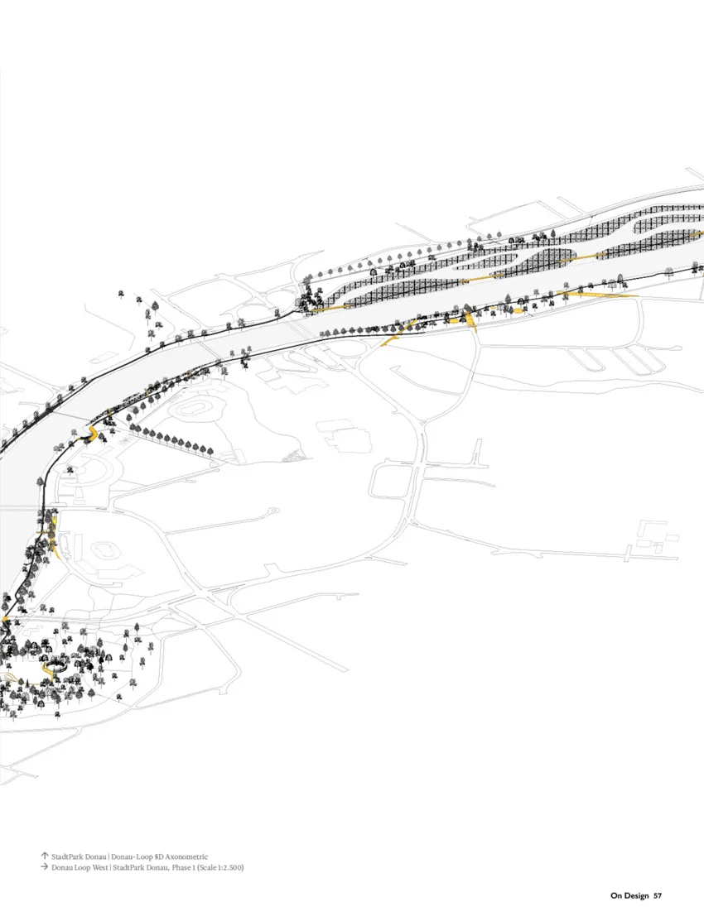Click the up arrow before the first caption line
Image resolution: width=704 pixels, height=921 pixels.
pyautogui.click(x=44, y=856)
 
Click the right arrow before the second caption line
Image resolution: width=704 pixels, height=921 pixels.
pyautogui.click(x=44, y=868)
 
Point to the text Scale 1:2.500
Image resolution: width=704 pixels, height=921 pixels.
pyautogui.click(x=217, y=868)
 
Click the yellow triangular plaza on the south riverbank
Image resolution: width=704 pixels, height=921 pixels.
pyautogui.click(x=469, y=319)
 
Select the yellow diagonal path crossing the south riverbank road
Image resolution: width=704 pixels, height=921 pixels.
pyautogui.click(x=391, y=337)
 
